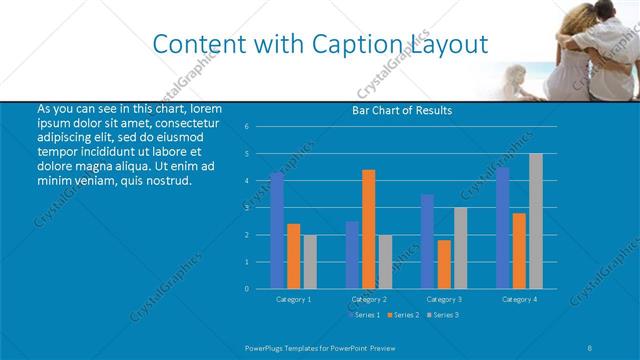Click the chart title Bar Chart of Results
coord(401,110)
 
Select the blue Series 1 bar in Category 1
coord(277,230)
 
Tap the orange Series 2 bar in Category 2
coord(369,229)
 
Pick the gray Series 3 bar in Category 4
coord(536,221)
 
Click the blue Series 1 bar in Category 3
coord(428,241)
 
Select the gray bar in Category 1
coord(310,261)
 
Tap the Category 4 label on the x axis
coord(519,299)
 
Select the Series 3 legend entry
coord(443,315)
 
